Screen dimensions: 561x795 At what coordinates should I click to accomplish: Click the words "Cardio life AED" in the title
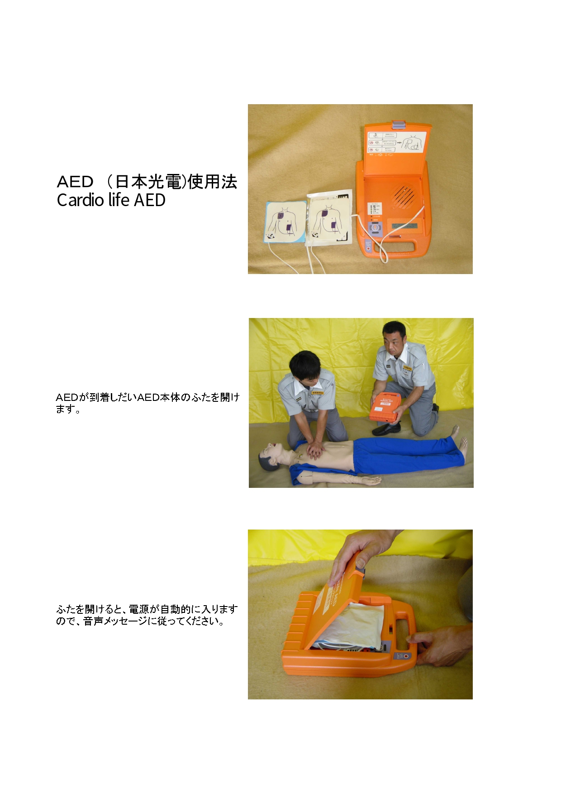pos(111,200)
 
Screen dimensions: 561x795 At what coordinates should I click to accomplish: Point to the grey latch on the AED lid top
pos(398,124)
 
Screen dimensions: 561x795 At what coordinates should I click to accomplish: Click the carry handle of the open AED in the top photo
pos(398,247)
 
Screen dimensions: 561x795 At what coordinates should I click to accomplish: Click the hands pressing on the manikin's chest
pos(315,449)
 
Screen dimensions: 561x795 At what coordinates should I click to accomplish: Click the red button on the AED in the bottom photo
pos(406,655)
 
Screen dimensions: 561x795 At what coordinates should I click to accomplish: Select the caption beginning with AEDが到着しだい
pos(147,403)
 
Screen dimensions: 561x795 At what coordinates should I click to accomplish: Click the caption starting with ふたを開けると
pos(147,615)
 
